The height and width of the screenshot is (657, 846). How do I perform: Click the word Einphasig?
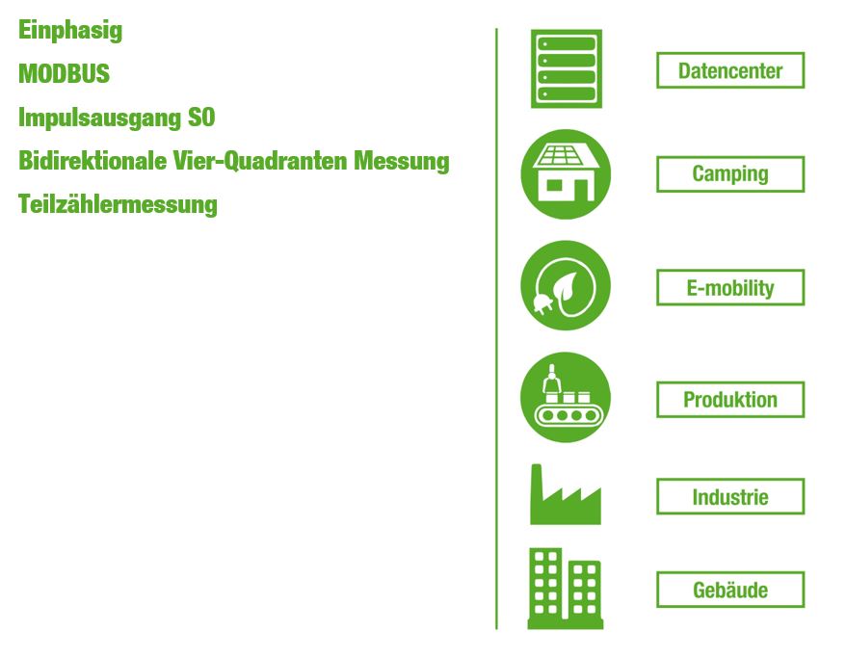pyautogui.click(x=70, y=31)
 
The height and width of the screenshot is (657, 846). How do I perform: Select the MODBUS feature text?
pyautogui.click(x=64, y=73)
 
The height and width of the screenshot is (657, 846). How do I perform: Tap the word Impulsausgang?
pyautogui.click(x=99, y=118)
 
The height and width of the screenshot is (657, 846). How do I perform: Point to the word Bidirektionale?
pyautogui.click(x=93, y=161)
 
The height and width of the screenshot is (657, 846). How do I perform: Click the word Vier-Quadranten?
pyautogui.click(x=259, y=161)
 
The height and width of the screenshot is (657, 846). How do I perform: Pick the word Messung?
pyautogui.click(x=402, y=162)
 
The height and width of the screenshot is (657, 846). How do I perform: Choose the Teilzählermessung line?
pyautogui.click(x=118, y=205)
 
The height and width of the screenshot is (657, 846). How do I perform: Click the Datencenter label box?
pyautogui.click(x=730, y=70)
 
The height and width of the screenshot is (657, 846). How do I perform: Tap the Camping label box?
pyautogui.click(x=730, y=174)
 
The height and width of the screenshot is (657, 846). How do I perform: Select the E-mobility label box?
pyautogui.click(x=730, y=287)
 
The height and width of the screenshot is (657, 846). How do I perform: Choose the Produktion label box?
pyautogui.click(x=730, y=400)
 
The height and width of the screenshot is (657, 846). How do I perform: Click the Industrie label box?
pyautogui.click(x=730, y=496)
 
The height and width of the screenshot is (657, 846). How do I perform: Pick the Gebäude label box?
pyautogui.click(x=730, y=590)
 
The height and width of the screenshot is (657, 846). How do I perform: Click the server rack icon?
pyautogui.click(x=566, y=68)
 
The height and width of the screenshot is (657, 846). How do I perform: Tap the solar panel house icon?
pyautogui.click(x=566, y=174)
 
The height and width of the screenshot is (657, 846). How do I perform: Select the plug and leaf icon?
pyautogui.click(x=566, y=285)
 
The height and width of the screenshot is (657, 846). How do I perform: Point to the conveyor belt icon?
pyautogui.click(x=566, y=398)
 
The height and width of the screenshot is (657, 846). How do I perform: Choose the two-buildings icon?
pyautogui.click(x=565, y=589)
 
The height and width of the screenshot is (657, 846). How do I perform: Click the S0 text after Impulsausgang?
pyautogui.click(x=201, y=118)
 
